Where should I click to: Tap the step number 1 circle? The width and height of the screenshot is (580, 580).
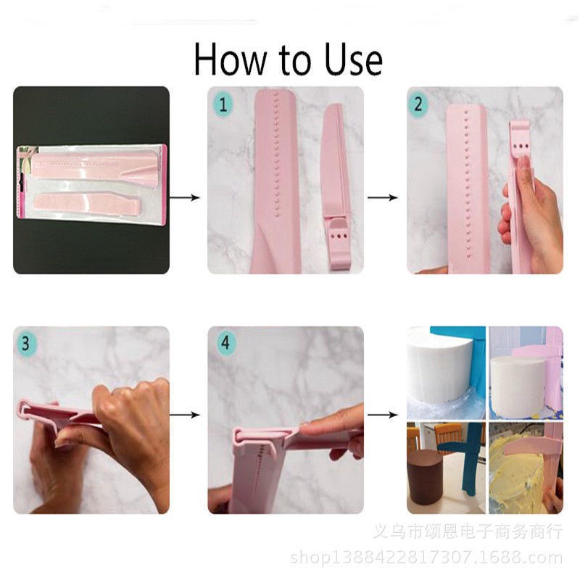[x=223, y=104]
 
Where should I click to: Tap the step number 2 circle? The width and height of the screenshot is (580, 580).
[x=418, y=104]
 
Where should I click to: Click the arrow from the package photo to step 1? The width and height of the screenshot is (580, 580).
[x=187, y=197]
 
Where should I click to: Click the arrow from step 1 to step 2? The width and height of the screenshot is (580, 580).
[x=382, y=197]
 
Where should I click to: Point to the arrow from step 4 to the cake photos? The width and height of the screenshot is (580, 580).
[x=383, y=415]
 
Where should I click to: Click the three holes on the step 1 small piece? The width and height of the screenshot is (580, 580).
[x=339, y=237]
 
